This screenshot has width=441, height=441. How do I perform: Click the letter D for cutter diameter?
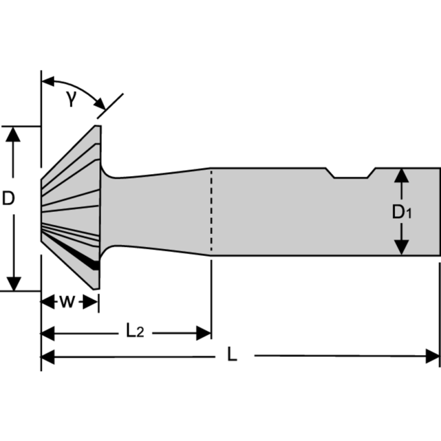click(x=8, y=198)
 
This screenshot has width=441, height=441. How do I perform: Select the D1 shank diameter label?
click(x=402, y=212)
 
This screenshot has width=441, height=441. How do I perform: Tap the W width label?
click(x=67, y=302)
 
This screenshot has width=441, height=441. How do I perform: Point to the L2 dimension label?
click(x=135, y=331)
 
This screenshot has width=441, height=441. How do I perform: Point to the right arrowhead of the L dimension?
click(x=433, y=357)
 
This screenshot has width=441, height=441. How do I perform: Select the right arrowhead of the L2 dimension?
click(x=205, y=333)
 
